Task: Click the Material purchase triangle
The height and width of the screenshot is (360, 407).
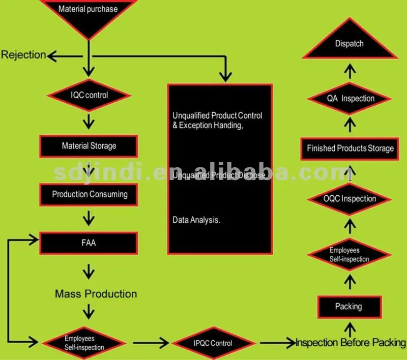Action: [89, 13]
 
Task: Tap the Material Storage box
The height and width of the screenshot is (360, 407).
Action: [89, 146]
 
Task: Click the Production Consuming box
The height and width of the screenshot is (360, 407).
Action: [90, 194]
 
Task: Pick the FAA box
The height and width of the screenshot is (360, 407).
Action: [89, 243]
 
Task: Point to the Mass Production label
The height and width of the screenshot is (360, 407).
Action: [96, 294]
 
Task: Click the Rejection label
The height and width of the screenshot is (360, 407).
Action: [23, 55]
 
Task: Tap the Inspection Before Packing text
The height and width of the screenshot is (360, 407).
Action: [351, 343]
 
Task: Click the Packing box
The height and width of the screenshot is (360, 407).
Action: [348, 307]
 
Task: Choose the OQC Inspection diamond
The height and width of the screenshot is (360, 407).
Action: [350, 199]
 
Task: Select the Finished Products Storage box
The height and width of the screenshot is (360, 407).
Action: [350, 148]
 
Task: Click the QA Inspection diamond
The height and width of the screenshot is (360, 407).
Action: [351, 99]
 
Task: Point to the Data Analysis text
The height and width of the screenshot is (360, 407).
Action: [196, 221]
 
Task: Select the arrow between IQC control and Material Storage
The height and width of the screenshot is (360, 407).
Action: [90, 121]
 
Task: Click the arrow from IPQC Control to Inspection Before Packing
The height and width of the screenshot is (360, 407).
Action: [277, 343]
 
